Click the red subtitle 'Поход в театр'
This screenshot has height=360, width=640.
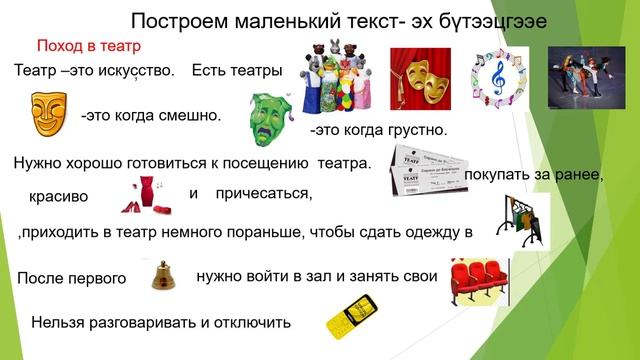tap(88, 46)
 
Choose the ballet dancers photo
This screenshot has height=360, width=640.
tap(584, 75)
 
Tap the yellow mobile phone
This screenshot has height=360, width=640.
tap(351, 317)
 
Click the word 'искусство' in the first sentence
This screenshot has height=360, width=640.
tap(131, 71)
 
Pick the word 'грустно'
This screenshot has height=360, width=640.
tap(413, 130)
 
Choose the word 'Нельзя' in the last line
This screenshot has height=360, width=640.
tap(59, 323)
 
